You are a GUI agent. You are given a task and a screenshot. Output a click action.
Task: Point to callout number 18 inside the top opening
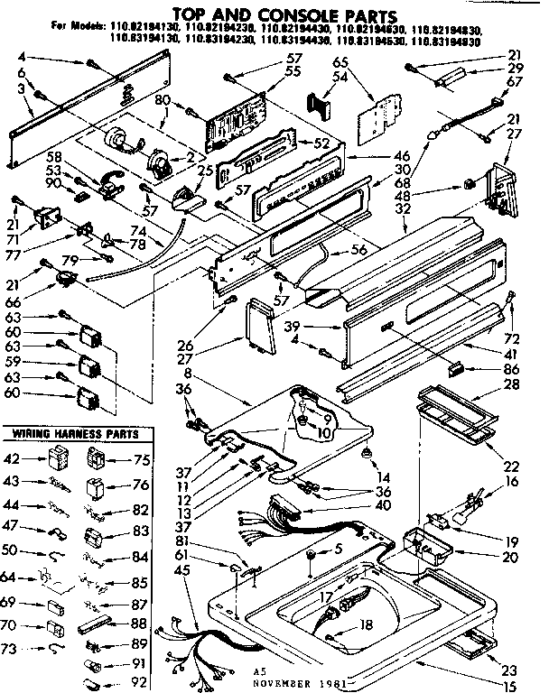[365, 624]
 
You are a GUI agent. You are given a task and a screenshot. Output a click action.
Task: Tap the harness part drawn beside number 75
[95, 459]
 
